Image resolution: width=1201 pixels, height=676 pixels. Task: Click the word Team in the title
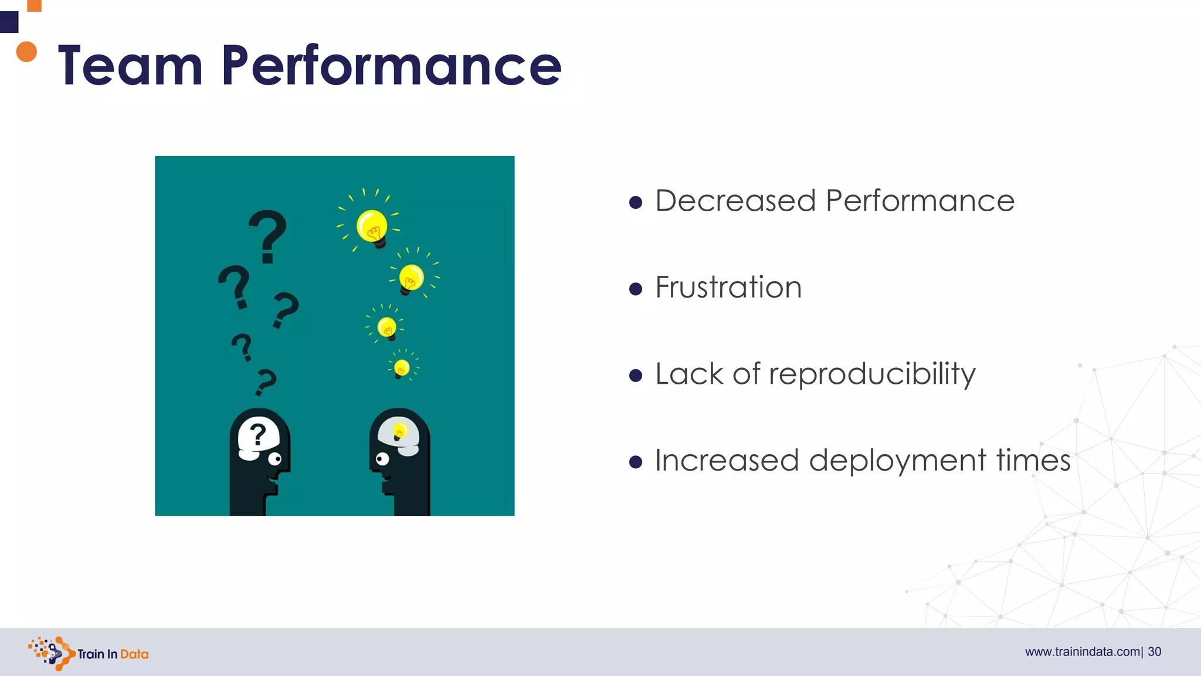[x=130, y=66]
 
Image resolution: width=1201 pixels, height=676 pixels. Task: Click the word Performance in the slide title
[x=391, y=66]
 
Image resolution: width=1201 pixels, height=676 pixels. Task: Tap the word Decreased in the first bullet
[x=735, y=201]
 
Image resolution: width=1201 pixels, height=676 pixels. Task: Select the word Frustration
[x=728, y=288]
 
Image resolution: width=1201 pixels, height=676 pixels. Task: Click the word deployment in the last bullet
[x=897, y=461]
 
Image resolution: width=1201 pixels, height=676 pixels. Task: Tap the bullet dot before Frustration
[x=635, y=289]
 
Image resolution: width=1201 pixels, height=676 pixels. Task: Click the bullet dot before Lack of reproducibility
[x=635, y=375]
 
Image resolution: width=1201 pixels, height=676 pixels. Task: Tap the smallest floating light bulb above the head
[x=402, y=369]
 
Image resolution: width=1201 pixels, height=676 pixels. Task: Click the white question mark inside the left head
[x=257, y=435]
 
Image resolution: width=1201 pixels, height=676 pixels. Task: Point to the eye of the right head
[x=382, y=459]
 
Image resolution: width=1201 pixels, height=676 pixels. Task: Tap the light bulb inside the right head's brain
[x=399, y=432]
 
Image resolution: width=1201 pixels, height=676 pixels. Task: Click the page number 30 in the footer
[x=1154, y=652]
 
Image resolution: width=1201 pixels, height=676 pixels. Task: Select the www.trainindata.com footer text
[x=1082, y=652]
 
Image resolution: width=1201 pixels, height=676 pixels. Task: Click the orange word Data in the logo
[x=134, y=654]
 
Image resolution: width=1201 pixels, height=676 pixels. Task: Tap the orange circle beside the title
[x=26, y=52]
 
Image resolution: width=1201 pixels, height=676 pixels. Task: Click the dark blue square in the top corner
[x=9, y=22]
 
